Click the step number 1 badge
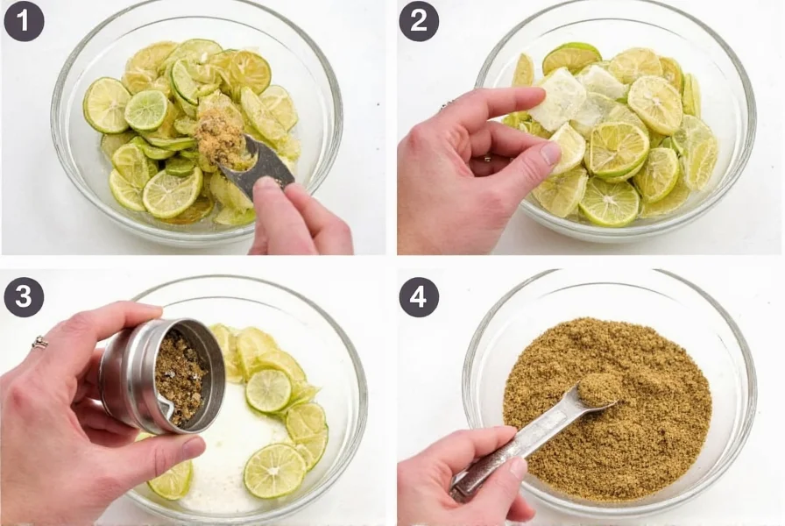(24, 21)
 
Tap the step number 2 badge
(419, 21)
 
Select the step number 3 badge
(24, 297)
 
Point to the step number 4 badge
(419, 297)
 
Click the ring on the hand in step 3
(39, 343)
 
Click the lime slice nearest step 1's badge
(107, 105)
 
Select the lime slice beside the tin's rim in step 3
(268, 390)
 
